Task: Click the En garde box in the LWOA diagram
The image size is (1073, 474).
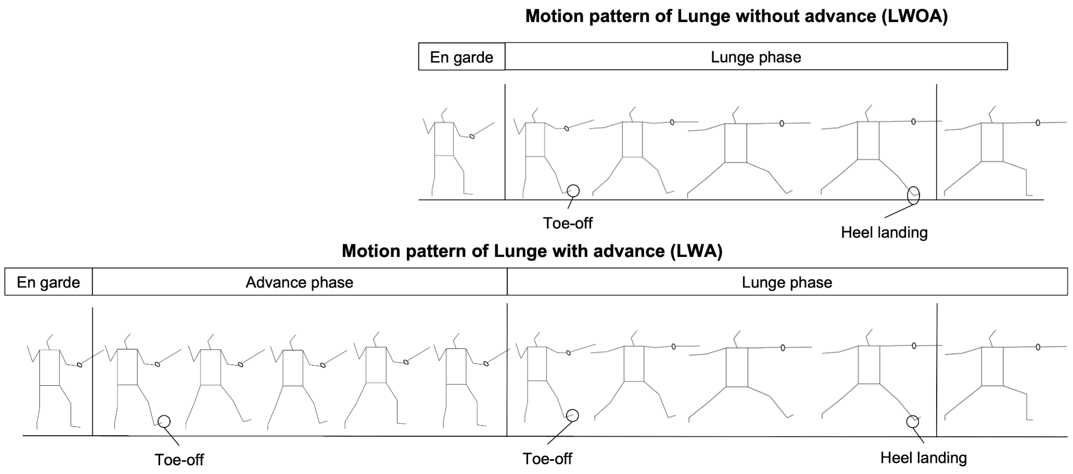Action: (x=462, y=56)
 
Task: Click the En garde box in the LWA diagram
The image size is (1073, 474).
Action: (x=48, y=282)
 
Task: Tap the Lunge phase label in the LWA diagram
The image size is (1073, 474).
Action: (x=786, y=282)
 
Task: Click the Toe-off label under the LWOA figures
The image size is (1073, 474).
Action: (x=567, y=223)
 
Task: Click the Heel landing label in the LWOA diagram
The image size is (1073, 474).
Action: (x=884, y=232)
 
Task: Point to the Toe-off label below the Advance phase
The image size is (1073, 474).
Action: (x=179, y=459)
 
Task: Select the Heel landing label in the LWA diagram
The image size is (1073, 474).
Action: (x=923, y=458)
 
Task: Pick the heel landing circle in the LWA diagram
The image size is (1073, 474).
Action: (x=912, y=422)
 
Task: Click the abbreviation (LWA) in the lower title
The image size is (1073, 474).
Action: (x=697, y=251)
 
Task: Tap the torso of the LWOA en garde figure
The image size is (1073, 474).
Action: (x=444, y=139)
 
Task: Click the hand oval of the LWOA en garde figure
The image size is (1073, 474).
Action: (x=472, y=136)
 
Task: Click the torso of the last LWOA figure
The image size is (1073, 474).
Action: (x=992, y=142)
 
